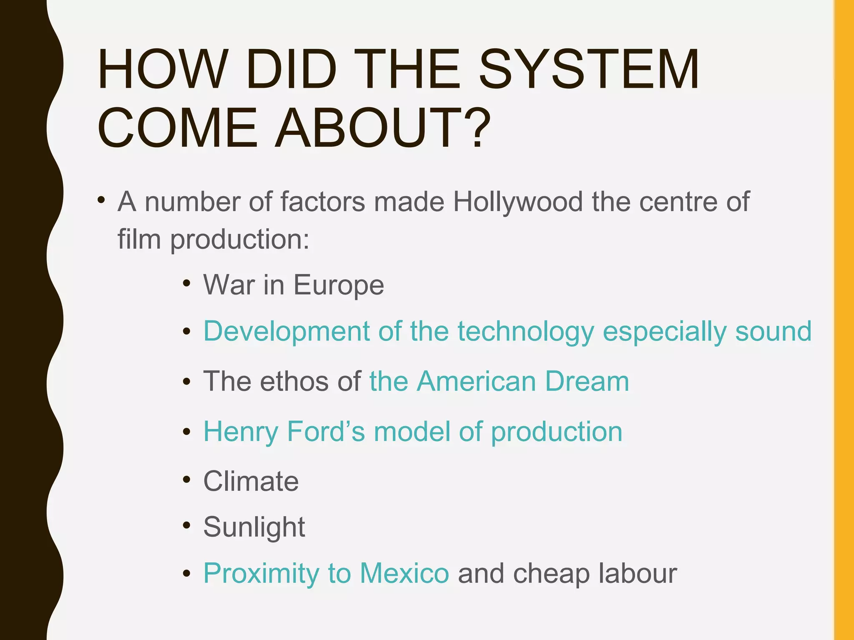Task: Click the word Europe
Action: pyautogui.click(x=339, y=285)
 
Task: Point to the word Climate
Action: pyautogui.click(x=251, y=481)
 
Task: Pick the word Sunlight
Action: pyautogui.click(x=254, y=527)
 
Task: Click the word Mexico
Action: pyautogui.click(x=404, y=573)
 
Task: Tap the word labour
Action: pyautogui.click(x=638, y=573)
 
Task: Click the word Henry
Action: pyautogui.click(x=241, y=432)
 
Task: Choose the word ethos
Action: pyautogui.click(x=294, y=381)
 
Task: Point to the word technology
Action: pyautogui.click(x=525, y=332)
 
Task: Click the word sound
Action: pyautogui.click(x=773, y=331)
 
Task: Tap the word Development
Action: pyautogui.click(x=286, y=332)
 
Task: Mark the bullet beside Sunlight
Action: pyautogui.click(x=186, y=525)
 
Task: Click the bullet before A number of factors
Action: pyautogui.click(x=101, y=200)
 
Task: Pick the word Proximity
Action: pyautogui.click(x=261, y=573)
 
